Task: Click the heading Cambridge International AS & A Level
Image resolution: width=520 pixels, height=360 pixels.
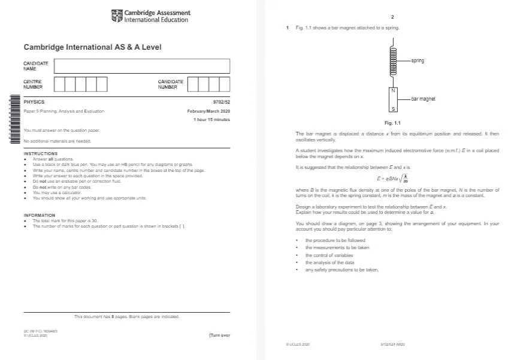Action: (x=92, y=47)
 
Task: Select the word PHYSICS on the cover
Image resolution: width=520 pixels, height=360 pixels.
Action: (x=34, y=102)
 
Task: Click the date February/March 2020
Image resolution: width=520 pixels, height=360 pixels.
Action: (x=208, y=111)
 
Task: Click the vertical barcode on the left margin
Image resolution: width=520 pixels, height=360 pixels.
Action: (x=14, y=119)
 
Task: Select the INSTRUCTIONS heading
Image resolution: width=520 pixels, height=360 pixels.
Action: (x=41, y=154)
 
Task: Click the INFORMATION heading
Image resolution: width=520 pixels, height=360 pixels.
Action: (x=40, y=215)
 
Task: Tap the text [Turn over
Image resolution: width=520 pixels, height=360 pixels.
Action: (x=219, y=335)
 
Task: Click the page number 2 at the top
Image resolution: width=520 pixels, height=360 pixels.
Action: (x=392, y=17)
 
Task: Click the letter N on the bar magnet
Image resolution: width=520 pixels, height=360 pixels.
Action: (x=393, y=90)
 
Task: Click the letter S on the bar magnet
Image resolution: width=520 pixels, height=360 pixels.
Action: (x=393, y=109)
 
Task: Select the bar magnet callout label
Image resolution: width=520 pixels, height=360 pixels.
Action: (x=423, y=99)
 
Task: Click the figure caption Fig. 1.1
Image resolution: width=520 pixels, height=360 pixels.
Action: (x=392, y=123)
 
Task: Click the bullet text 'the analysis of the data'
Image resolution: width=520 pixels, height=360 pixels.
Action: (x=329, y=262)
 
